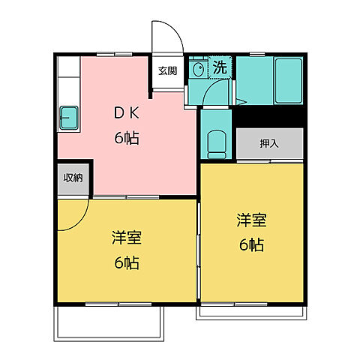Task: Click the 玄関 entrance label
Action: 166,71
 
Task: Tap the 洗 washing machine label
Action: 220,67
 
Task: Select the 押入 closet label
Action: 270,143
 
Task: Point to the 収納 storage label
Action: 73,178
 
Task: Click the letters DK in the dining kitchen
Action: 125,114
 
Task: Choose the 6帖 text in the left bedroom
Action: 126,263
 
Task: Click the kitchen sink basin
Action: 70,118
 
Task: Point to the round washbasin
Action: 199,69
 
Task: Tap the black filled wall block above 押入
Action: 270,116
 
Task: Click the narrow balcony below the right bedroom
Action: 251,311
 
